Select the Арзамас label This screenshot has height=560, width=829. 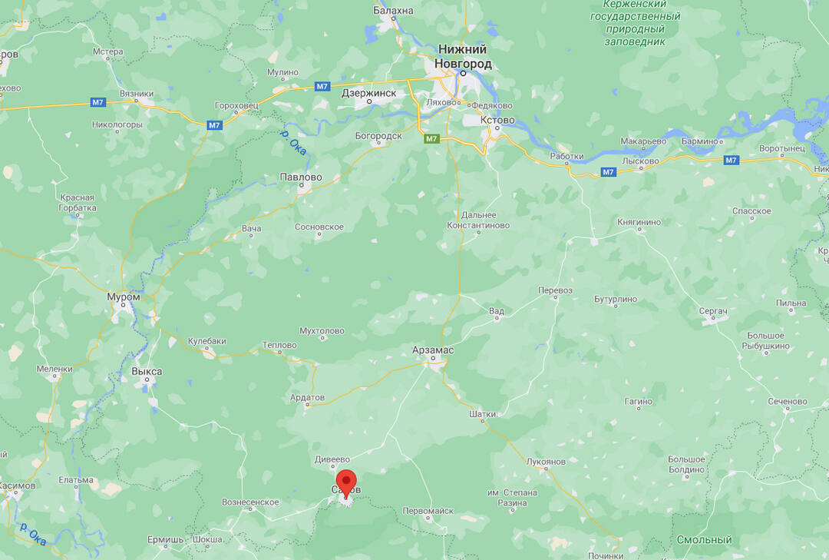pyautogui.click(x=432, y=350)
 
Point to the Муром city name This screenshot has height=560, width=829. pyautogui.click(x=124, y=297)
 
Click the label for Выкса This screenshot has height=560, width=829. pyautogui.click(x=147, y=371)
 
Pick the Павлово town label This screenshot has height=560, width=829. pyautogui.click(x=301, y=177)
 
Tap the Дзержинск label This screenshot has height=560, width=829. pyautogui.click(x=368, y=93)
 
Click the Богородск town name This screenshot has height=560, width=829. pyautogui.click(x=378, y=136)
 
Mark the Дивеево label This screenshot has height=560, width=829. pyautogui.click(x=332, y=460)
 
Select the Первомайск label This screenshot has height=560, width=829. pyautogui.click(x=428, y=511)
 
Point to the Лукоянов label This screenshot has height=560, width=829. pyautogui.click(x=546, y=462)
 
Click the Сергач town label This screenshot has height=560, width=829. pyautogui.click(x=713, y=311)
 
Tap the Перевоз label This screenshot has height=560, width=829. pyautogui.click(x=555, y=290)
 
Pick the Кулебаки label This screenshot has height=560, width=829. pyautogui.click(x=207, y=341)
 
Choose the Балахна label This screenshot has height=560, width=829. pyautogui.click(x=393, y=11)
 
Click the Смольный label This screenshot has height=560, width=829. pyautogui.click(x=704, y=540)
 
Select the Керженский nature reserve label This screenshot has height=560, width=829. pyautogui.click(x=635, y=22)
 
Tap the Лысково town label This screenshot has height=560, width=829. pyautogui.click(x=640, y=161)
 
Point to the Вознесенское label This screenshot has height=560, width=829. pyautogui.click(x=250, y=502)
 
